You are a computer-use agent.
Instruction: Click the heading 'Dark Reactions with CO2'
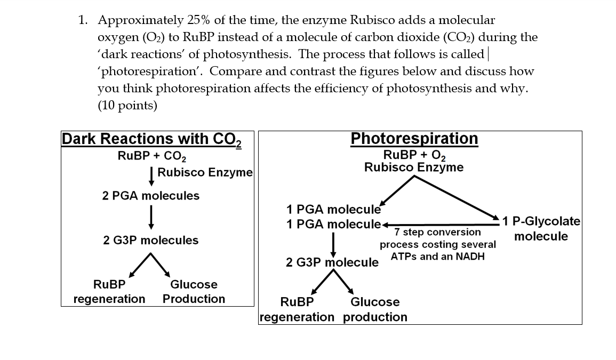point(151,139)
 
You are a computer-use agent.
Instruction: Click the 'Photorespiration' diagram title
point(414,139)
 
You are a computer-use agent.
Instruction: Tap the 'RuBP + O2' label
point(414,155)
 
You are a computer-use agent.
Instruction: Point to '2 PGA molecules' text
point(151,196)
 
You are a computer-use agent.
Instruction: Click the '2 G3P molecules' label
point(151,241)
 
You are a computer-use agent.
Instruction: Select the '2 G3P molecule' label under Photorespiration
point(332,262)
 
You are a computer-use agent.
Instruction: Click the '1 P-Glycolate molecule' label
point(541,229)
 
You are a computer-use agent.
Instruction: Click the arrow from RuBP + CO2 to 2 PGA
point(151,175)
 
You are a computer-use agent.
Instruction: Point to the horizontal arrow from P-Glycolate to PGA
point(440,225)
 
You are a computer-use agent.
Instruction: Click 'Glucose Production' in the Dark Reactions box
point(194,292)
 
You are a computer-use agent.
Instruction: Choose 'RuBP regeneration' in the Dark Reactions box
point(109,292)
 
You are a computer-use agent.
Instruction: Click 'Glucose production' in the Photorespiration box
point(374,309)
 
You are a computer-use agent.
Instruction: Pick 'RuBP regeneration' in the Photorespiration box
point(297,309)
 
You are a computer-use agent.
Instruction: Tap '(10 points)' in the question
point(127,105)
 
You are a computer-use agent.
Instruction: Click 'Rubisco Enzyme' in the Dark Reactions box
point(205,172)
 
